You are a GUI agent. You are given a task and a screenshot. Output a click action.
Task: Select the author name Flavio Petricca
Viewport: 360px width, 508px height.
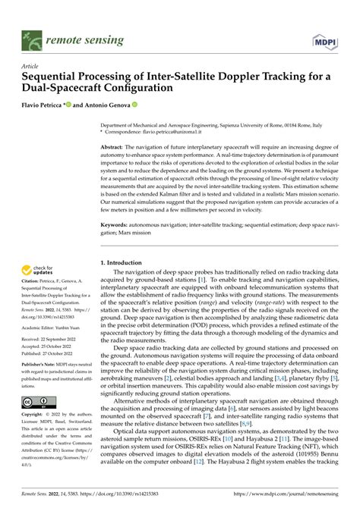45,105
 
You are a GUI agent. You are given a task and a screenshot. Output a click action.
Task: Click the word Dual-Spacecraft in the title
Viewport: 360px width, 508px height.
59,88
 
